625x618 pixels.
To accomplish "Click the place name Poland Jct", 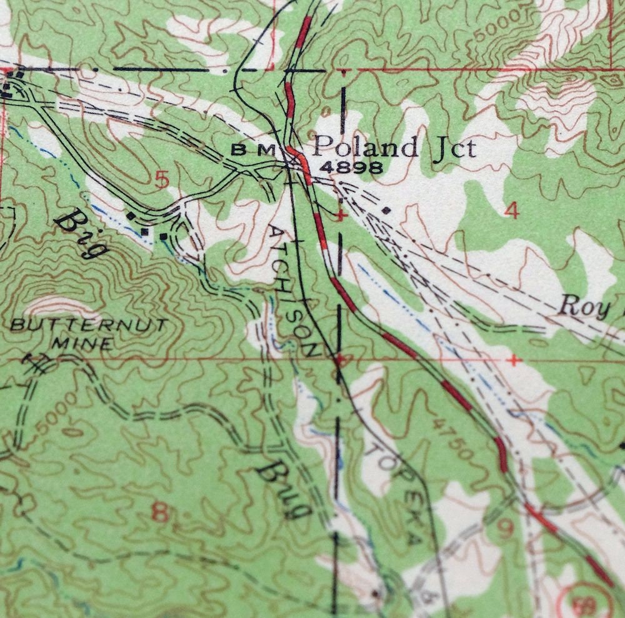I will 394,148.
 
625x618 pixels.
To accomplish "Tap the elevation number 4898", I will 351,167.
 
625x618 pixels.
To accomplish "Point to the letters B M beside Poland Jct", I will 253,149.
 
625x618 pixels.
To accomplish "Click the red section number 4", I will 512,212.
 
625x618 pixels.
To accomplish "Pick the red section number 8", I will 160,514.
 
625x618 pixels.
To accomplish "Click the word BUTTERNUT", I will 89,326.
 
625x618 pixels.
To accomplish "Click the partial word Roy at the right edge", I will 584,306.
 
